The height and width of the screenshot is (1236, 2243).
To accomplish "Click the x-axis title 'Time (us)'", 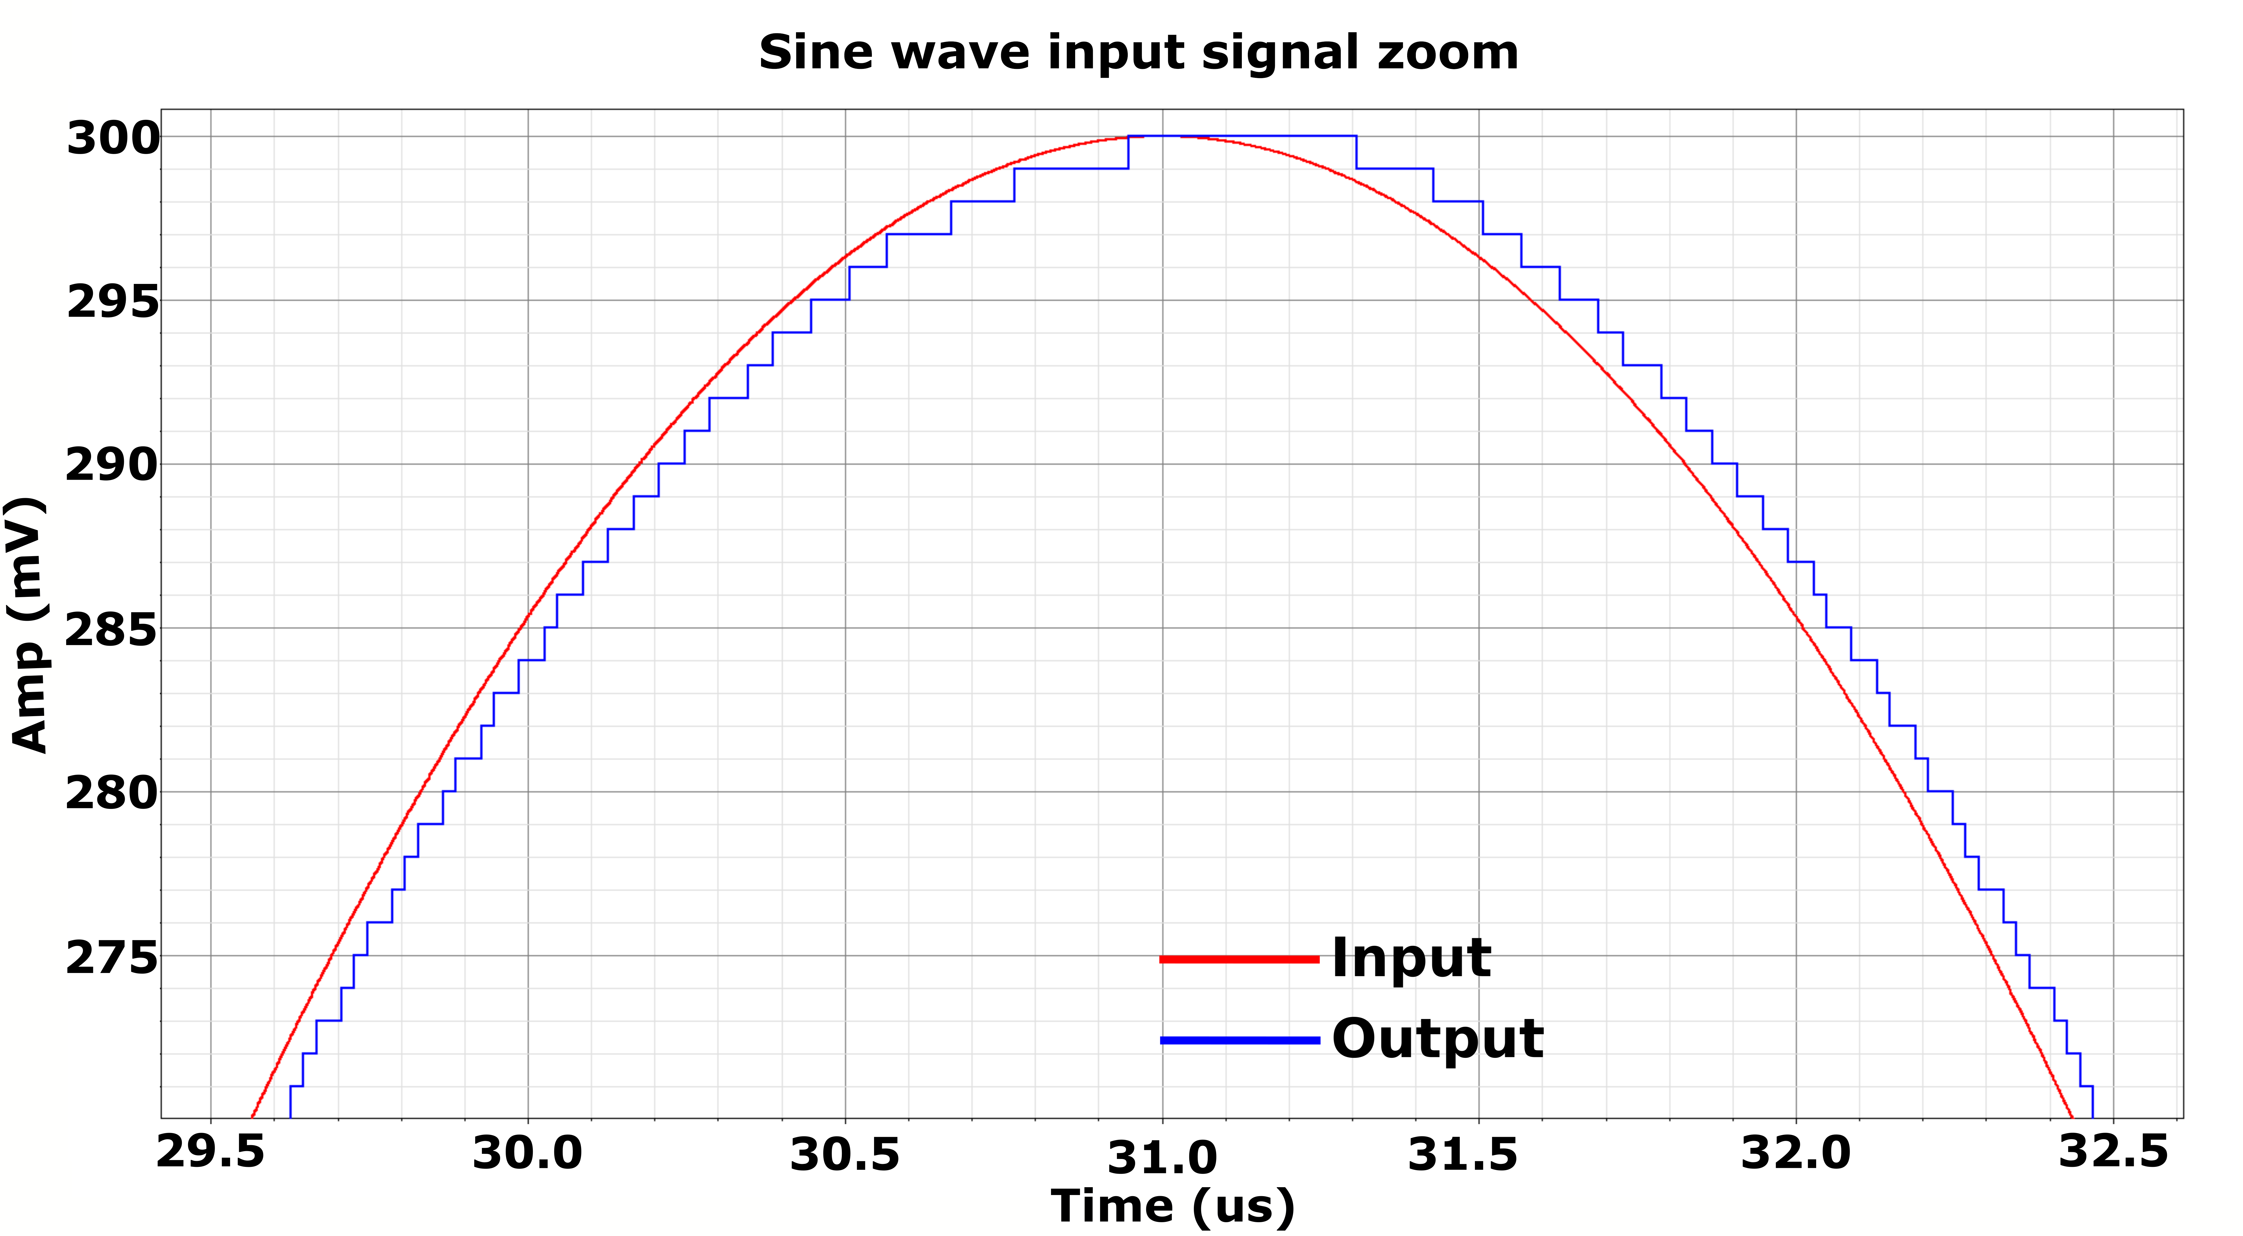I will click(x=1173, y=1206).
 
